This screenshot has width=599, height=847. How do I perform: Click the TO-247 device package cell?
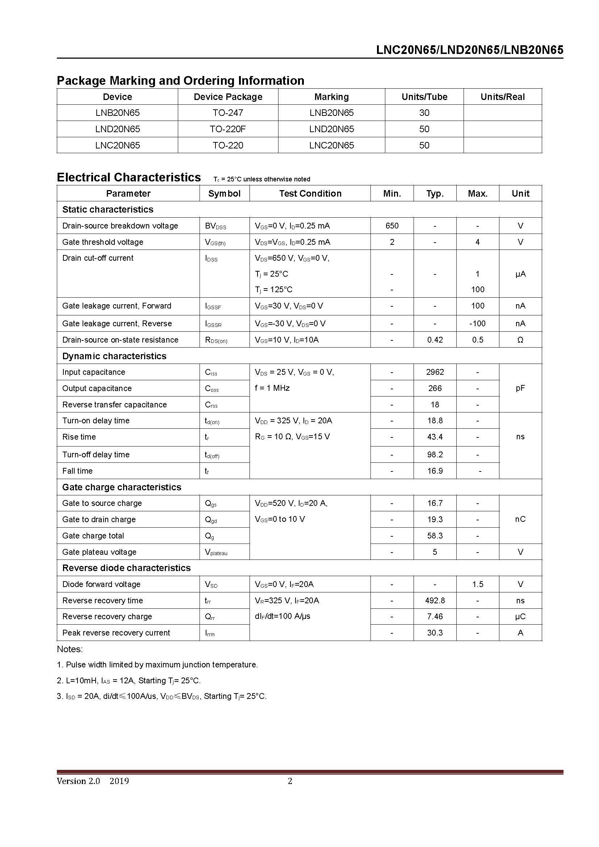pyautogui.click(x=227, y=113)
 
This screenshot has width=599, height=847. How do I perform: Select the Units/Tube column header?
pyautogui.click(x=424, y=97)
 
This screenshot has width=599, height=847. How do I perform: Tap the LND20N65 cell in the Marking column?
pyautogui.click(x=331, y=129)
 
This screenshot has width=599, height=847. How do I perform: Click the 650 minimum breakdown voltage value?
pyautogui.click(x=392, y=226)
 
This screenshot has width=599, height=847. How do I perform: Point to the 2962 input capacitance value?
pyautogui.click(x=435, y=372)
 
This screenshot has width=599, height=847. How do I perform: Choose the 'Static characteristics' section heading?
pyautogui.click(x=108, y=210)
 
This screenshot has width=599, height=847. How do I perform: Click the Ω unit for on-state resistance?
pyautogui.click(x=520, y=340)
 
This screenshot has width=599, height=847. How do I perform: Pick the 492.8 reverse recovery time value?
pyautogui.click(x=435, y=600)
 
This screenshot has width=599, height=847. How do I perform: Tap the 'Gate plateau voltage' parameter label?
pyautogui.click(x=99, y=552)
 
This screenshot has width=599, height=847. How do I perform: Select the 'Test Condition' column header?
pyautogui.click(x=310, y=194)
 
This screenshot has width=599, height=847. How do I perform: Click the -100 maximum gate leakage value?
pyautogui.click(x=477, y=323)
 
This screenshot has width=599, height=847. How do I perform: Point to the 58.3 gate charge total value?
pyautogui.click(x=435, y=536)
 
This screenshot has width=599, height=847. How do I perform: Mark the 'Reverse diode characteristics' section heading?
pyautogui.click(x=126, y=568)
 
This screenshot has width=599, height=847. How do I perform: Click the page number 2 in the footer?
pyautogui.click(x=290, y=781)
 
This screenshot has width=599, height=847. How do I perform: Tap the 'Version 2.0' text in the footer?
pyautogui.click(x=78, y=781)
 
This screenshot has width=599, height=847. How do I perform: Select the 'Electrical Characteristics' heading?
pyautogui.click(x=129, y=177)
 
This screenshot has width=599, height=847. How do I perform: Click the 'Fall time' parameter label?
pyautogui.click(x=78, y=471)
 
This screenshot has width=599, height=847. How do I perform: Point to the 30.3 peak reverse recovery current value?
pyautogui.click(x=435, y=633)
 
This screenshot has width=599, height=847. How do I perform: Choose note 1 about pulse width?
pyautogui.click(x=158, y=665)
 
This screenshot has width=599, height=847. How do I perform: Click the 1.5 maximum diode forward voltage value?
pyautogui.click(x=477, y=584)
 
